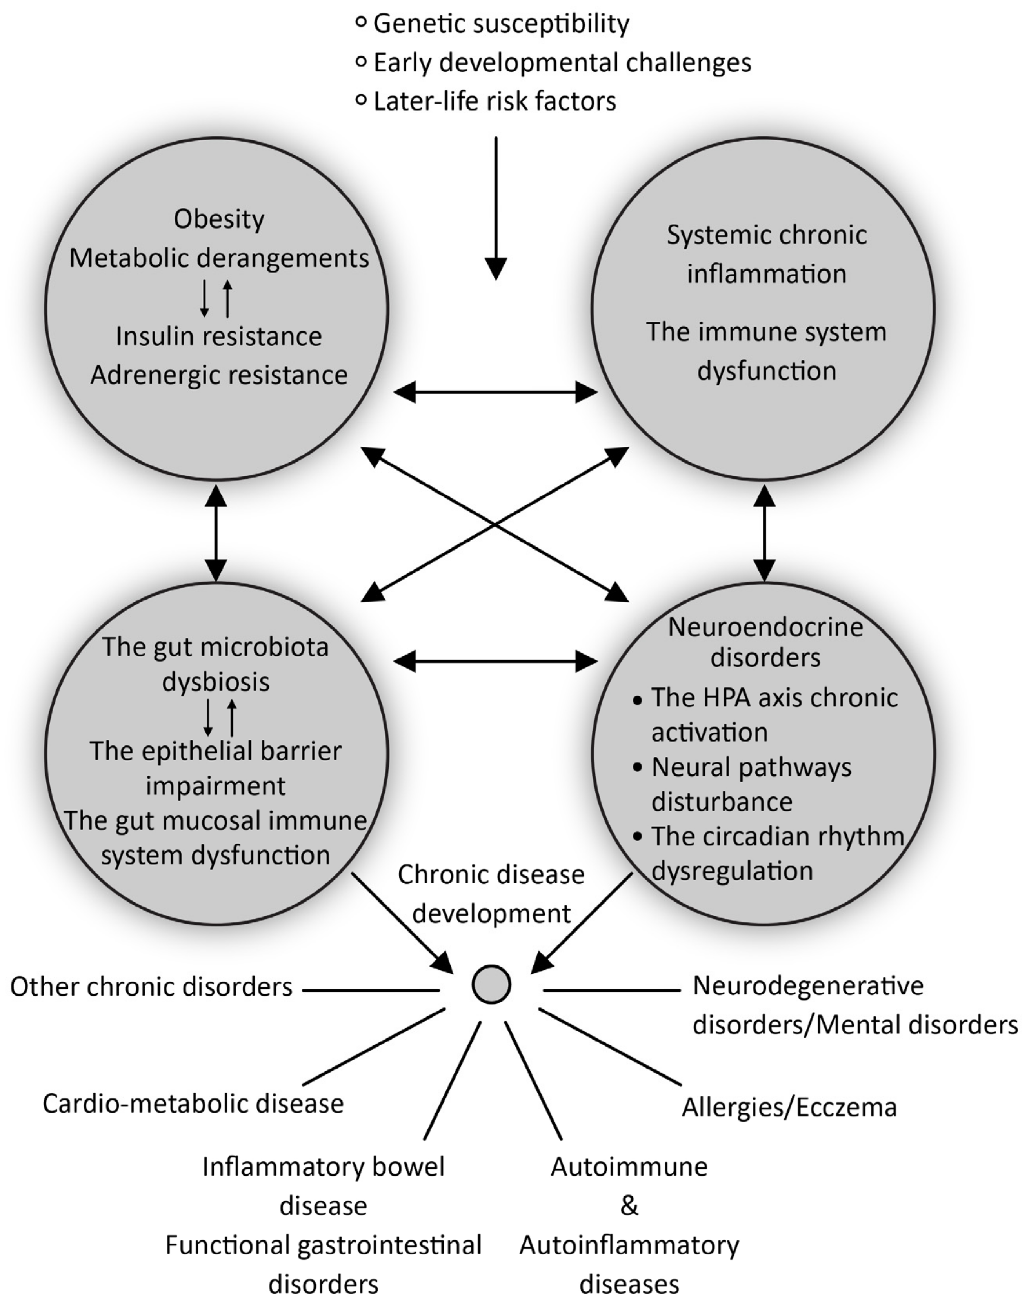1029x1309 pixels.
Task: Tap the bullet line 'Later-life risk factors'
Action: pos(494,101)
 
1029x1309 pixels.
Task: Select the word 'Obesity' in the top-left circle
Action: pos(219,219)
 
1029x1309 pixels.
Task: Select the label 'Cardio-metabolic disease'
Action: pos(193,1104)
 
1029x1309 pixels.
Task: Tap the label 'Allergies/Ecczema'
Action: pos(789,1107)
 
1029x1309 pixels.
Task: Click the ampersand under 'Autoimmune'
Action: pos(629,1206)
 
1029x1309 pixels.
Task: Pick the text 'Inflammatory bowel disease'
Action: pos(324,1187)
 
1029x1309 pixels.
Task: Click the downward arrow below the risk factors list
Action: pos(496,208)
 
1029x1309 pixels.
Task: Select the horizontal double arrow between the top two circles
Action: pos(495,393)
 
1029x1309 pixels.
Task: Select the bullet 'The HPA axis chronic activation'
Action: pos(774,714)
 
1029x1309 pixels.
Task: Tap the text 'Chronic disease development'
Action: pos(491,894)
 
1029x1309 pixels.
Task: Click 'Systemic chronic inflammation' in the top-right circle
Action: pos(766,254)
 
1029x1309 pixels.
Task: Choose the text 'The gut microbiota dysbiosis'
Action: pos(216,664)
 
